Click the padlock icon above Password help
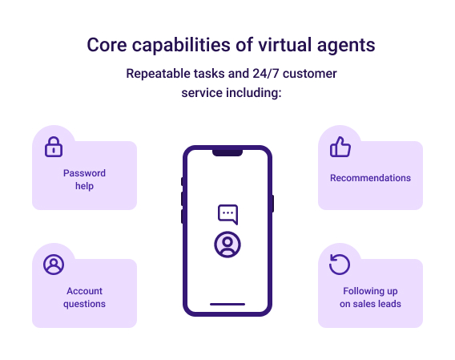coord(54,147)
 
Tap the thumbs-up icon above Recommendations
coord(340,147)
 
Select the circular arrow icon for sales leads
coord(340,264)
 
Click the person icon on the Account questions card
coord(54,265)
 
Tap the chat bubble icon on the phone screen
coord(228,214)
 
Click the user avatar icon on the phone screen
coord(227,245)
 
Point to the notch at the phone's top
coord(227,153)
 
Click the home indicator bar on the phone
coord(227,304)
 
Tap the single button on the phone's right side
coord(273,204)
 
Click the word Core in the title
coord(107,45)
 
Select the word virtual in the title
coord(284,45)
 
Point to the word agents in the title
coord(346,47)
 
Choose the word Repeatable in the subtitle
coord(159,74)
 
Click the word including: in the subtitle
coord(254,93)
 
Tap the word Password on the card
coord(84,173)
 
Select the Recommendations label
coord(370,178)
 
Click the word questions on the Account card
coord(84,304)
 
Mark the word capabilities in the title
coord(181,46)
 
